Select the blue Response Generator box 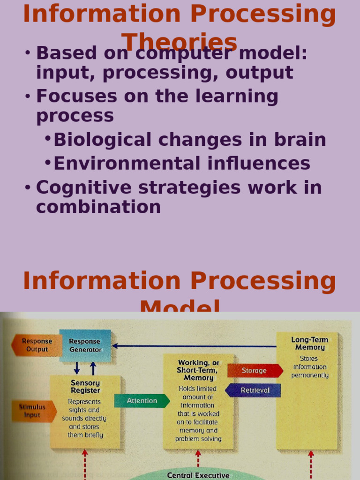click(85, 345)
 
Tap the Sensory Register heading click(85, 387)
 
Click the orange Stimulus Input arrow click(33, 411)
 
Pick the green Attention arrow click(142, 401)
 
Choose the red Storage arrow click(255, 371)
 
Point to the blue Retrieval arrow click(254, 390)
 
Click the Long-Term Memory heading click(310, 344)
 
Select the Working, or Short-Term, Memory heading click(198, 370)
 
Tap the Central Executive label click(198, 475)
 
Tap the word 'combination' click(98, 207)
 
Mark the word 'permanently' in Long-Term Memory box click(310, 375)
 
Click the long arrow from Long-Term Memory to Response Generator click(197, 346)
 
